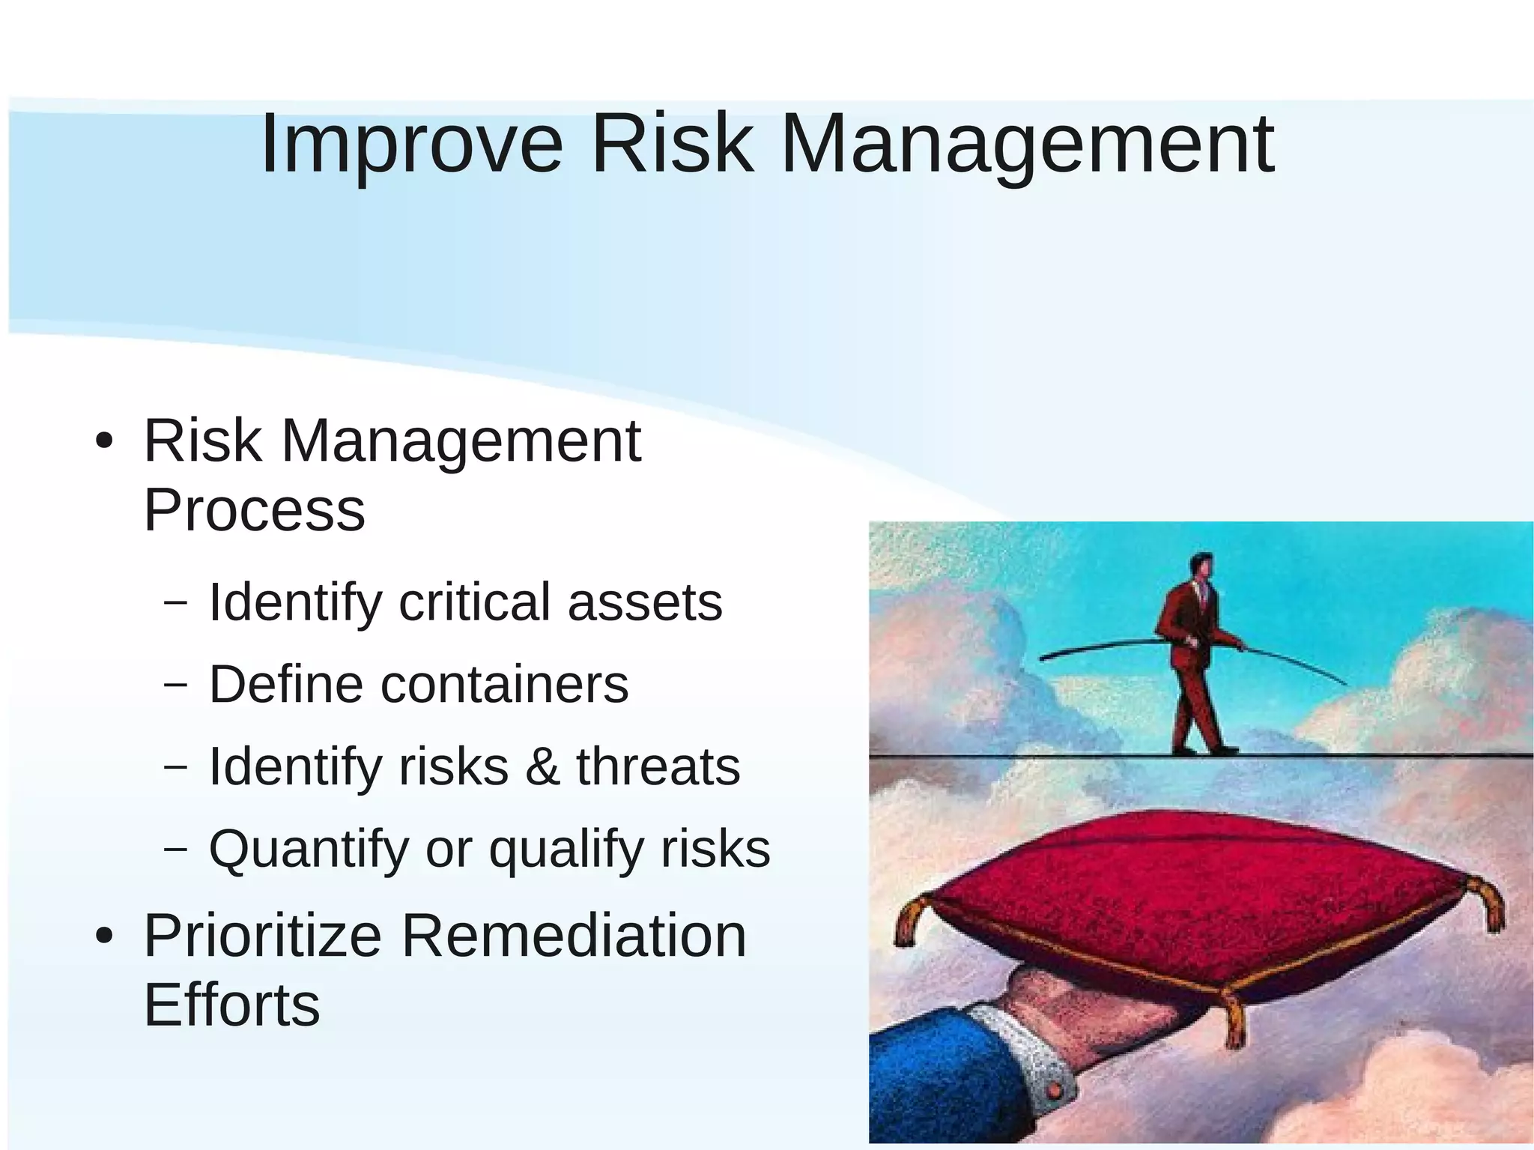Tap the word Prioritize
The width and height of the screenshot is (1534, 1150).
(x=263, y=936)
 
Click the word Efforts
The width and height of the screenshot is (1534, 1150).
(x=231, y=1005)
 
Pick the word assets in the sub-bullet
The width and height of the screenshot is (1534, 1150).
(x=645, y=602)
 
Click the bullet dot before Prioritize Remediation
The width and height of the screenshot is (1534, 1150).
(x=104, y=936)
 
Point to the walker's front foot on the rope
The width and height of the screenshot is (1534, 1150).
(x=1225, y=748)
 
